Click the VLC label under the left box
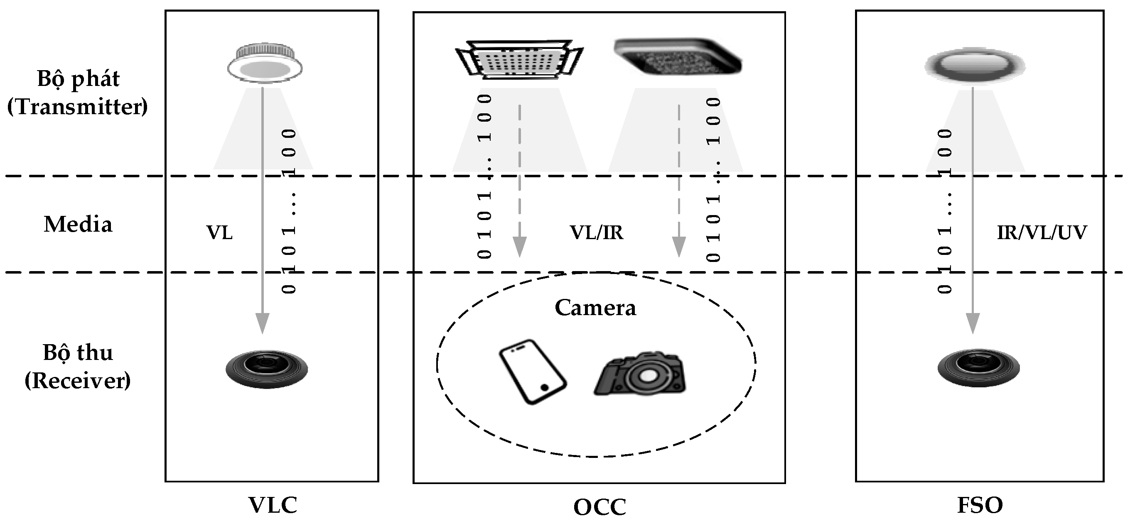[272, 505]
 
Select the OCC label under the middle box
[599, 507]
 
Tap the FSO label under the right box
[980, 505]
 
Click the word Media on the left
[78, 224]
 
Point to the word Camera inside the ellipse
[595, 308]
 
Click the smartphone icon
[533, 372]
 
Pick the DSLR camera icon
[639, 374]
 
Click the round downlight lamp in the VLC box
[265, 63]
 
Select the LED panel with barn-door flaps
[518, 60]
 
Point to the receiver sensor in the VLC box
[266, 369]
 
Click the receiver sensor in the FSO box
[978, 368]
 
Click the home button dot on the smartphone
[545, 387]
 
